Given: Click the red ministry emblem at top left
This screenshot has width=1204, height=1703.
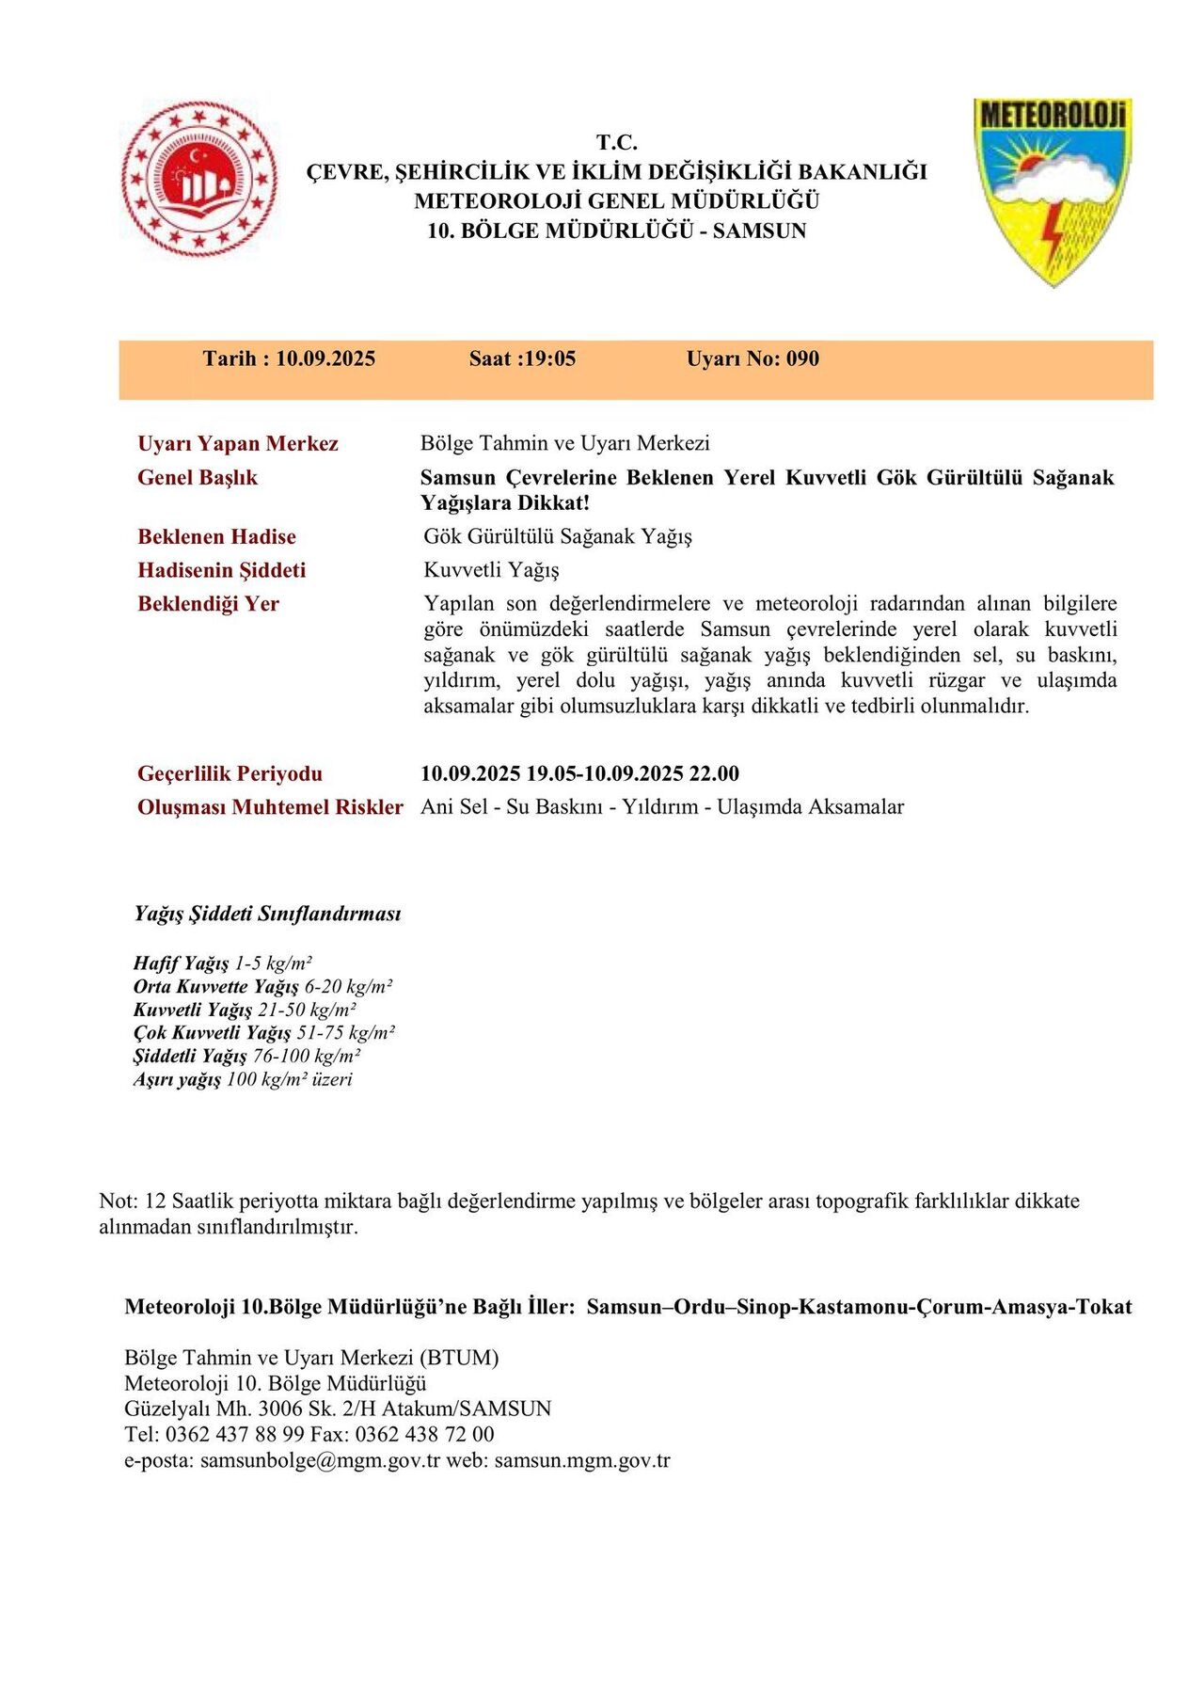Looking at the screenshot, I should click(x=199, y=179).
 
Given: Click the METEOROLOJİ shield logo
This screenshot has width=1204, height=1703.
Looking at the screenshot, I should click(x=1053, y=191).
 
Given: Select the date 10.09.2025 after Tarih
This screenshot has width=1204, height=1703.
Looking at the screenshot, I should click(x=325, y=358).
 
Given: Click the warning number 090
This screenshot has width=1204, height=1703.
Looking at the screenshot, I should click(x=802, y=358).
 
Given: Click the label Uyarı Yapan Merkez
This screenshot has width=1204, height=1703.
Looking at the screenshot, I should click(x=238, y=444).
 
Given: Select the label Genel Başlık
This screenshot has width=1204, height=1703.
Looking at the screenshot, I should click(x=198, y=478).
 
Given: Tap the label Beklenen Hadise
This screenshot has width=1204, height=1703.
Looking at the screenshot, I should click(x=216, y=537).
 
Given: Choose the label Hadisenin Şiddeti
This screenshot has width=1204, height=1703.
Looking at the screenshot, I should click(x=222, y=570).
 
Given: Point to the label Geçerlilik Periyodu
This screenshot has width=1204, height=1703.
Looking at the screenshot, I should click(x=230, y=774).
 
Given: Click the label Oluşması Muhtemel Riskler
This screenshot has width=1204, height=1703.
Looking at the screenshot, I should click(x=270, y=807).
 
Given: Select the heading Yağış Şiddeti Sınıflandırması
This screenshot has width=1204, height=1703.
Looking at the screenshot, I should click(x=267, y=914).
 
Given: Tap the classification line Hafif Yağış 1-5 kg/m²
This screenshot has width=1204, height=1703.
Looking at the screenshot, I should click(x=222, y=963).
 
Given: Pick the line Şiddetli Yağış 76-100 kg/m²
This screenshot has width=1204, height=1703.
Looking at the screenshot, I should click(x=247, y=1056).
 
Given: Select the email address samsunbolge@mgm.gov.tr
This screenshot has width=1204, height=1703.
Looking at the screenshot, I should click(x=320, y=1460).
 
